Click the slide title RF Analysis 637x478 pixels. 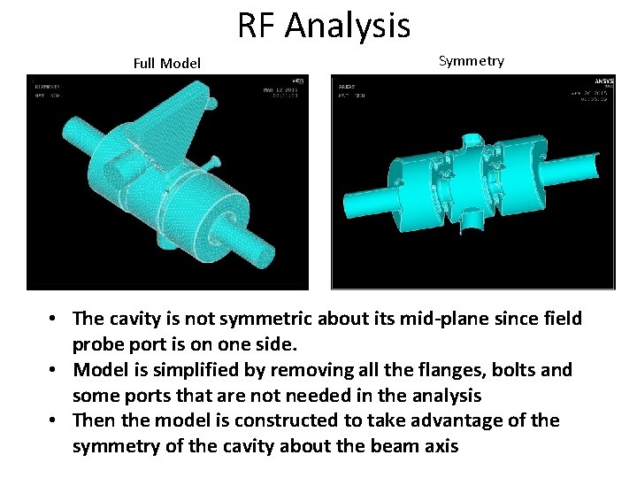pyautogui.click(x=324, y=25)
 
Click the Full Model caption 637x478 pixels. pyautogui.click(x=166, y=63)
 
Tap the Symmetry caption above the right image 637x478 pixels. pyautogui.click(x=471, y=61)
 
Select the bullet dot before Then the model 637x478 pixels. pyautogui.click(x=55, y=420)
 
